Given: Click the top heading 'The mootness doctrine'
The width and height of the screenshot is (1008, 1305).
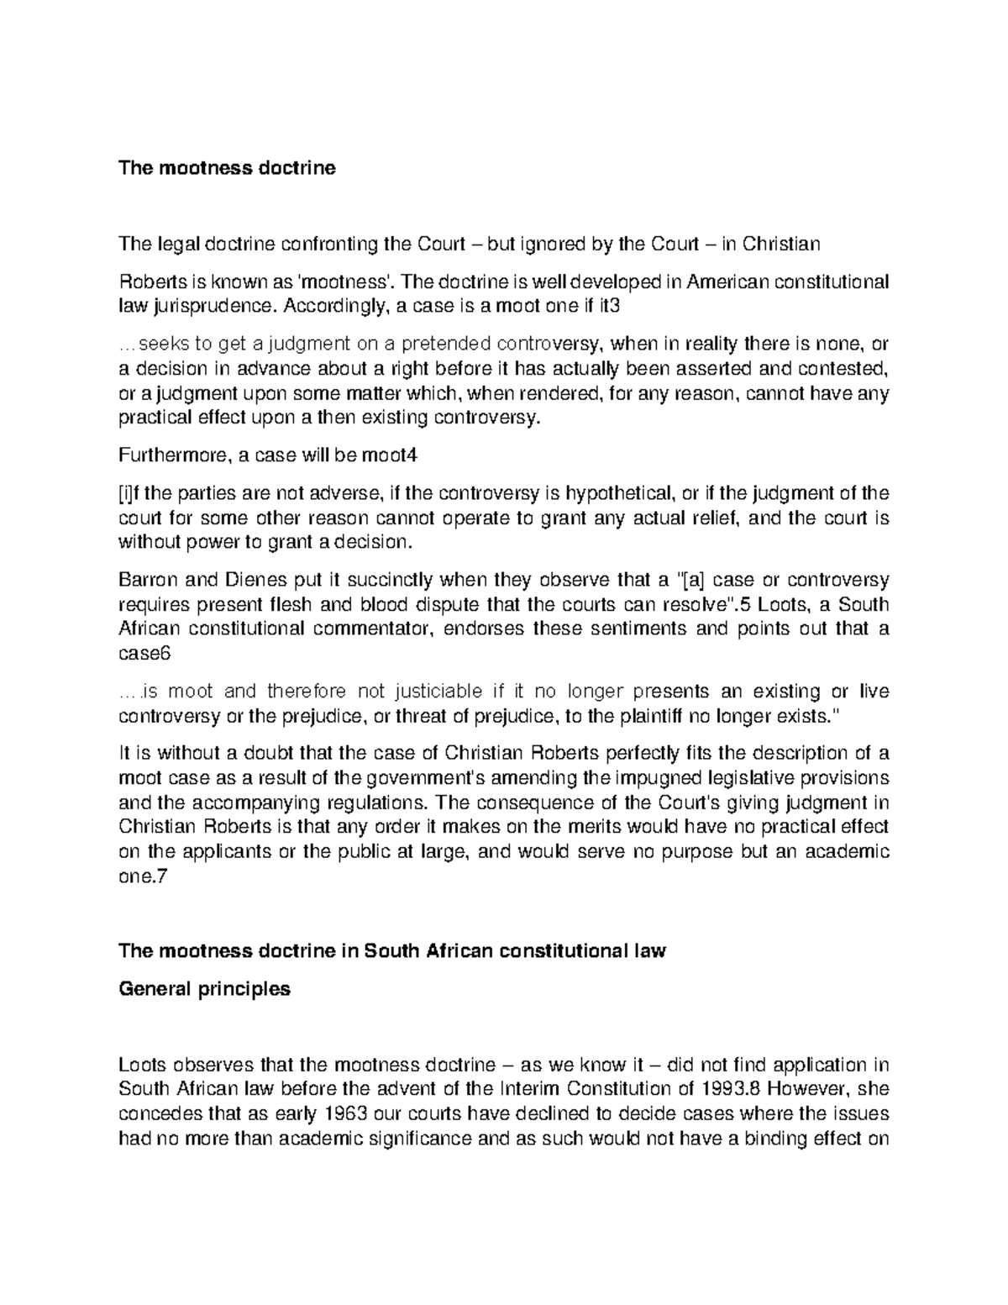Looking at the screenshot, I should coord(227,168).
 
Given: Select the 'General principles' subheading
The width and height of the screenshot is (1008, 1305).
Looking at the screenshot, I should coord(205,989).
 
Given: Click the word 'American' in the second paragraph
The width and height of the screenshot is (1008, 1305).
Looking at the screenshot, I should coord(727,282).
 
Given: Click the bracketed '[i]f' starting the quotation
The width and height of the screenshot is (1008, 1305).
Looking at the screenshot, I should coord(132,493).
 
